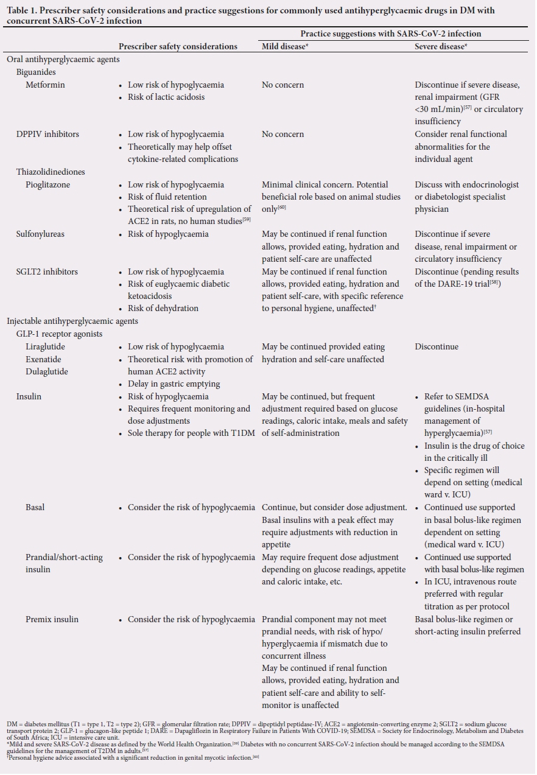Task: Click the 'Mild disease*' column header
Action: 284,46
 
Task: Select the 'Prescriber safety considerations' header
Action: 178,46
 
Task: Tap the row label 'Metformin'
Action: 45,85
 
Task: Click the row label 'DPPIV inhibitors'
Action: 47,134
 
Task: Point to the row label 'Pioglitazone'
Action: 48,184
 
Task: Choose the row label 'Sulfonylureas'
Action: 40,234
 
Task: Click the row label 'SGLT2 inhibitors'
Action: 47,272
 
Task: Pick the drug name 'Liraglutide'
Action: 45,346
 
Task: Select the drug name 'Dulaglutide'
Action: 47,371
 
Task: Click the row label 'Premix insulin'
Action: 53,619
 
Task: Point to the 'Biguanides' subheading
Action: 36,72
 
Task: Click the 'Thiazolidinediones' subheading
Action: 51,172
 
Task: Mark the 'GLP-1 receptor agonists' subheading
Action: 59,334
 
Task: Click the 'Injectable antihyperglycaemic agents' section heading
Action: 72,321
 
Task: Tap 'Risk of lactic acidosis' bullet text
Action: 166,97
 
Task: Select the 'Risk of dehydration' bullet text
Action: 163,308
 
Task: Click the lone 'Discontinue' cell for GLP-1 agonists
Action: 437,346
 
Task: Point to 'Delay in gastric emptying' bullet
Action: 174,384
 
